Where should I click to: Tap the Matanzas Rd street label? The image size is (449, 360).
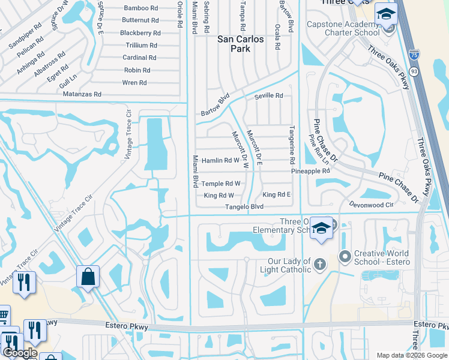click(x=81, y=95)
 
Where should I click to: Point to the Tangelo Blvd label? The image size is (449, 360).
click(x=244, y=207)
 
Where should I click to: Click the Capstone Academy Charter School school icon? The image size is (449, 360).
click(x=386, y=14)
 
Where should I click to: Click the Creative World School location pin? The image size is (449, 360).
click(x=345, y=257)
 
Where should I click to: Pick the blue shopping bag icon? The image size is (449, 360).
click(x=88, y=277)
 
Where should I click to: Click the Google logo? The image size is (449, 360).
click(x=20, y=353)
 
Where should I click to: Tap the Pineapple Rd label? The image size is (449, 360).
click(x=310, y=171)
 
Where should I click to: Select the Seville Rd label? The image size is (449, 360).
click(x=268, y=95)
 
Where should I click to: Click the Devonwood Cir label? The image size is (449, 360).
click(x=371, y=205)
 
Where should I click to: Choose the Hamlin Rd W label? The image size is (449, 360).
click(x=220, y=160)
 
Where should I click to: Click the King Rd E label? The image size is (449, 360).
click(x=276, y=195)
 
